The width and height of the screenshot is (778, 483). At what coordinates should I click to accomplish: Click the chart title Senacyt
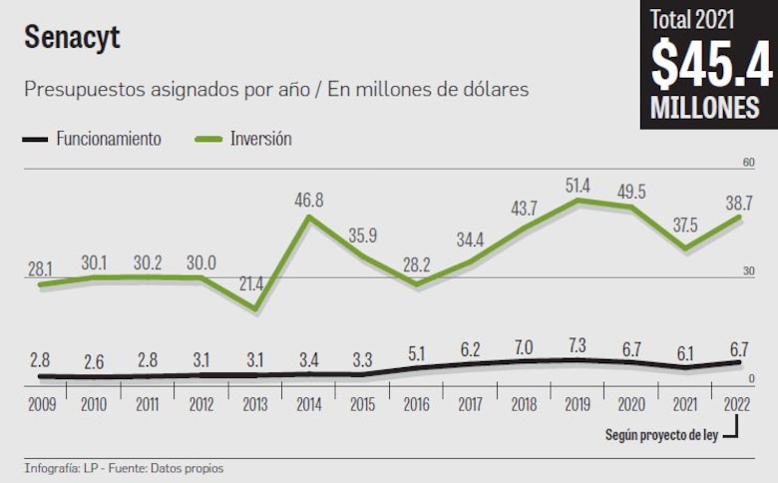[x=72, y=37]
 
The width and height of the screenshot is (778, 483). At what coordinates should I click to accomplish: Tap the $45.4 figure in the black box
[x=710, y=67]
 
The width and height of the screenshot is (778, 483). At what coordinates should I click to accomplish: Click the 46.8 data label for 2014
[x=309, y=200]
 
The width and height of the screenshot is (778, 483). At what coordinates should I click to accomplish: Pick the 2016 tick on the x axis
[x=416, y=406]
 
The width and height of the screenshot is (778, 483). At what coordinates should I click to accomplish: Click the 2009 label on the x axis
[x=40, y=406]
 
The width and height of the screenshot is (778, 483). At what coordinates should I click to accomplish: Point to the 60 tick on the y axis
[x=748, y=163]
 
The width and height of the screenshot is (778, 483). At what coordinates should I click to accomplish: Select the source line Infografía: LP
[x=124, y=467]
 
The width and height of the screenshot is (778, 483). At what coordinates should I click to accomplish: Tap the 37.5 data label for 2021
[x=685, y=226]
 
